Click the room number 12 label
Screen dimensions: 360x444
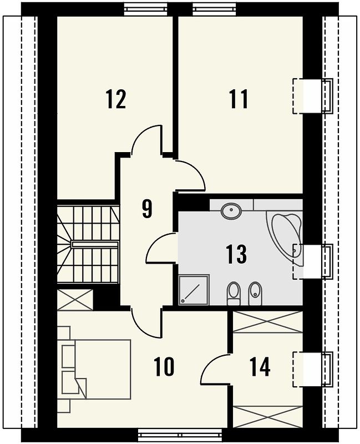point(116,99)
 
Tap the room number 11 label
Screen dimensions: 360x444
point(239,99)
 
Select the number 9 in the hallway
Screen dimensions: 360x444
point(147,209)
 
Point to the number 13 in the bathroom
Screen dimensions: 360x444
point(237,254)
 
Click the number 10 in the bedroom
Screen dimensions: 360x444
point(164,367)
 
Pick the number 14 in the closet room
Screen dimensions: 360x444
point(260,367)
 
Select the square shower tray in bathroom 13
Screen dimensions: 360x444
point(194,289)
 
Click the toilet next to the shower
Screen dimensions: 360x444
point(234,294)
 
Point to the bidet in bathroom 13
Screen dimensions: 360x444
point(256,294)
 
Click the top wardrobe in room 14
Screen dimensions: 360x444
point(268,322)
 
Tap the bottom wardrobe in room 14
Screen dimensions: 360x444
point(268,417)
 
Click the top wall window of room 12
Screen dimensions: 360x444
point(146,9)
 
